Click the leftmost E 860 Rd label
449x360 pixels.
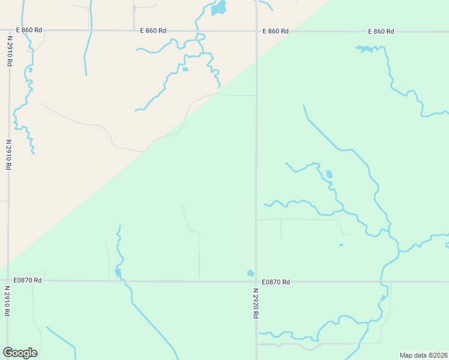pos(29,31)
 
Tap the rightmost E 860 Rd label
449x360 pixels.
pos(381,31)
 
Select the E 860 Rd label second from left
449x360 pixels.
pos(153,31)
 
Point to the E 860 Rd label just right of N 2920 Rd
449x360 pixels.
pos(276,31)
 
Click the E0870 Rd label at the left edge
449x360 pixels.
pos(29,280)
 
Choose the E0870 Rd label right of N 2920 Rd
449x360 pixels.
pos(276,282)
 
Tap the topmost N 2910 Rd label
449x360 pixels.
pos(10,50)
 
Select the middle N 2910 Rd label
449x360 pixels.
pos(9,155)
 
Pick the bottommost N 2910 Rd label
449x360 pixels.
pos(8,300)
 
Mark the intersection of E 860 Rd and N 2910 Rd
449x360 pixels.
pos(10,30)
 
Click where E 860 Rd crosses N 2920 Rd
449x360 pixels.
pos(256,31)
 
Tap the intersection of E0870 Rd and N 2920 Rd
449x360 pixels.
pos(256,281)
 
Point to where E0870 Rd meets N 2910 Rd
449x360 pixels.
pos(8,280)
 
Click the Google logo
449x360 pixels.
pos(20,353)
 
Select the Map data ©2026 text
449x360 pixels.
pos(424,355)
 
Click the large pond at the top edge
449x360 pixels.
pos(219,8)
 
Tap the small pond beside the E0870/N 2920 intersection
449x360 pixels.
pos(250,273)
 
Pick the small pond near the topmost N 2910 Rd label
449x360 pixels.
pos(29,70)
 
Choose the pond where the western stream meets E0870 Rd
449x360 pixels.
pos(118,273)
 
